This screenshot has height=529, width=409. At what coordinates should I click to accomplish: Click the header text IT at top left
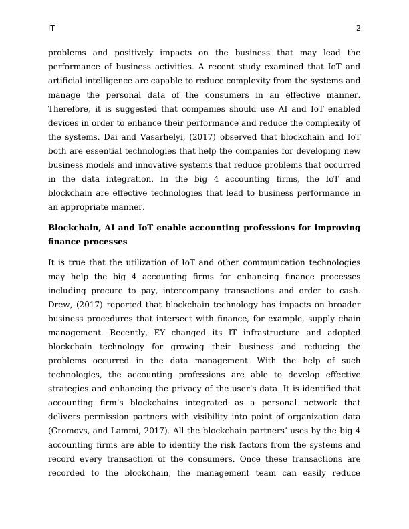[51, 29]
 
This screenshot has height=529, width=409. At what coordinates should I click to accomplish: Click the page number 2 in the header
[358, 29]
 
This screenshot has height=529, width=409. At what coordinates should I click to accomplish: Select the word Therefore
[69, 109]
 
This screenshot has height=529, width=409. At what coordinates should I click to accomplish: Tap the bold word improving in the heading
[334, 228]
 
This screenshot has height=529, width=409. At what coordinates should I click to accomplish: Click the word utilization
[146, 262]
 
